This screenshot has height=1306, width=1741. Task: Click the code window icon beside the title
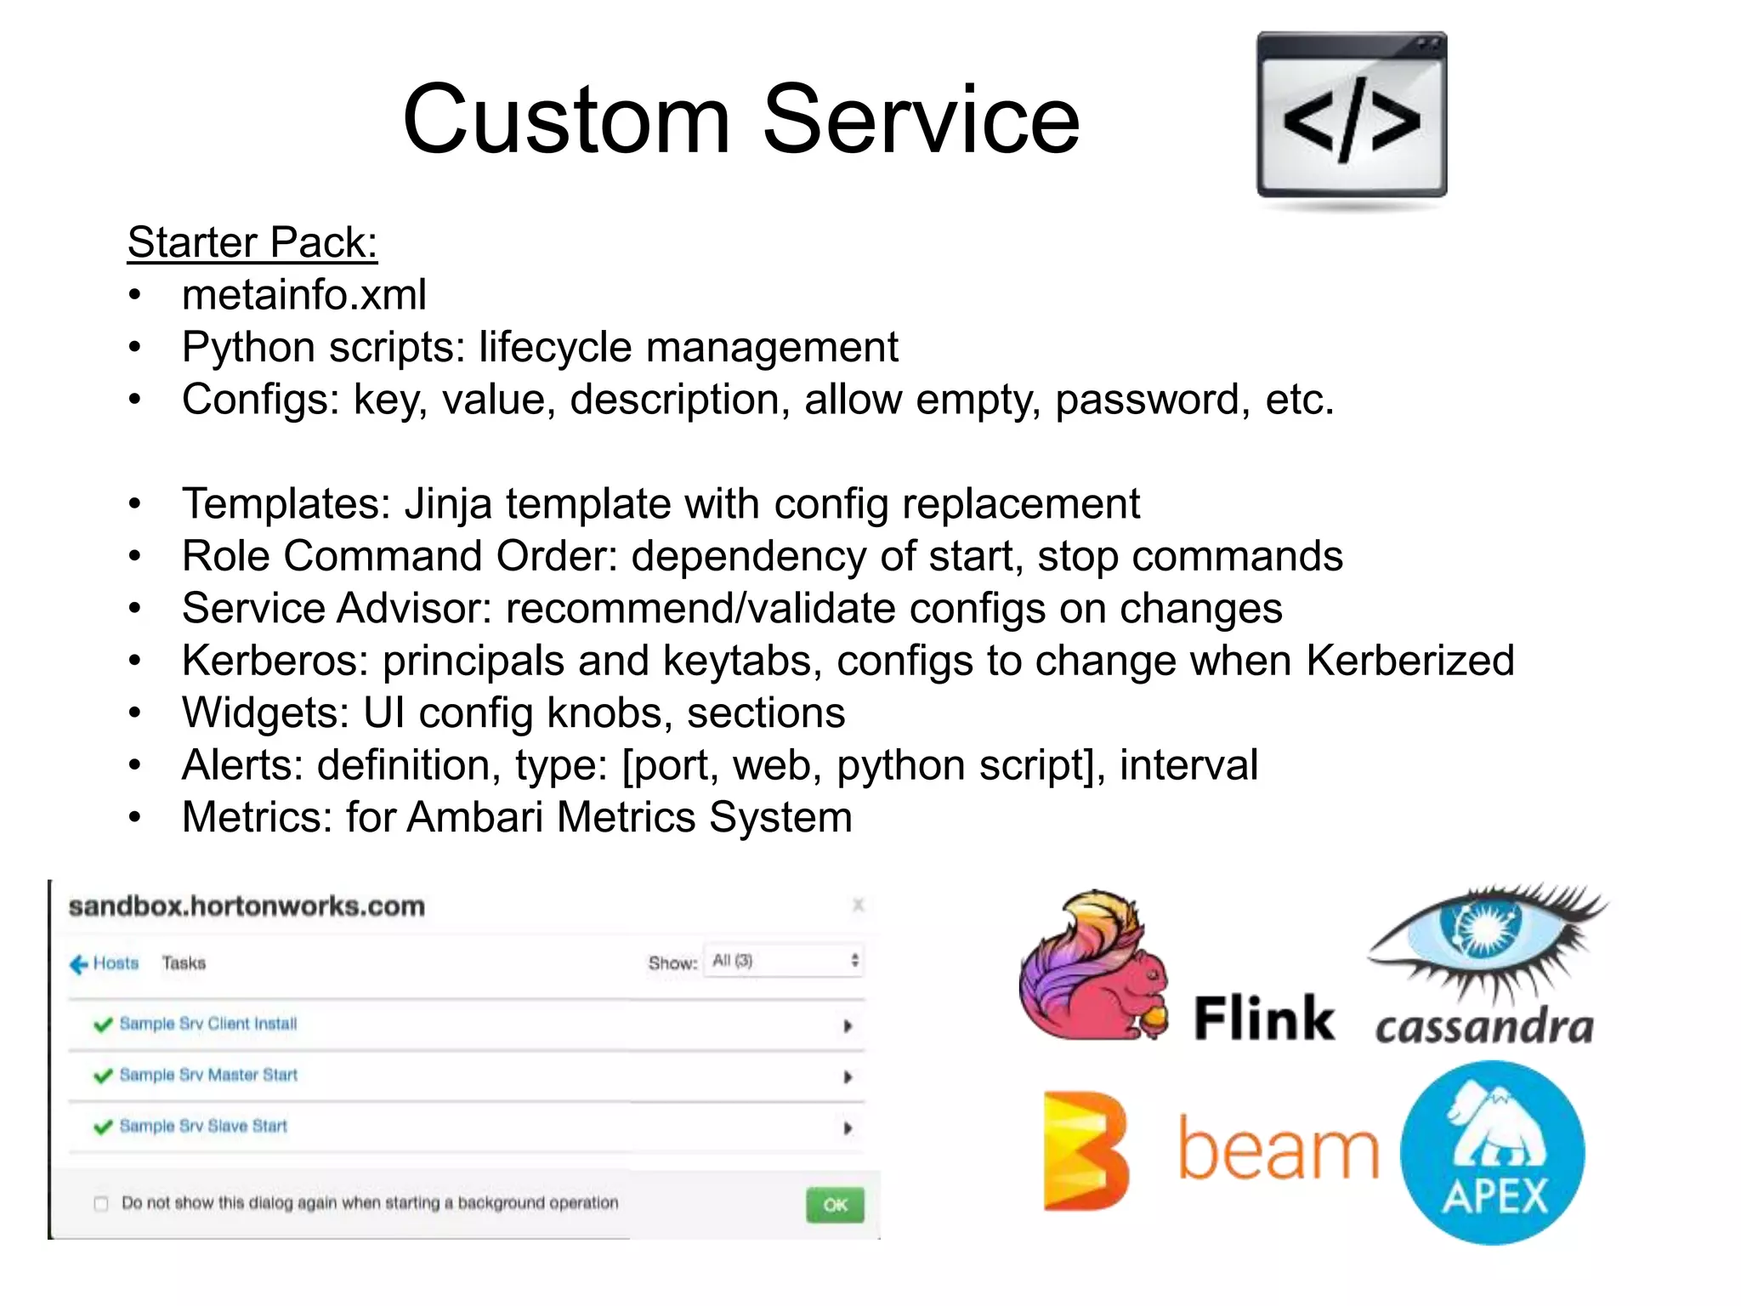1352,116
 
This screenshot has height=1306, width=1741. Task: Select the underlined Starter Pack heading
252,242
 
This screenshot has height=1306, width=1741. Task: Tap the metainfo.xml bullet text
303,295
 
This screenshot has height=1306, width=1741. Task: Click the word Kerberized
1410,661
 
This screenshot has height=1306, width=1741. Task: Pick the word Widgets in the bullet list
265,713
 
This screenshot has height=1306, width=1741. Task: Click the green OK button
835,1205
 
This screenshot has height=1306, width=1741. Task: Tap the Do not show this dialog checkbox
101,1204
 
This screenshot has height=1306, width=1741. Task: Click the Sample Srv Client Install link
208,1024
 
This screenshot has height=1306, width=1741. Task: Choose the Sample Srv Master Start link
208,1075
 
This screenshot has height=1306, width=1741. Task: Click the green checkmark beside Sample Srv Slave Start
103,1127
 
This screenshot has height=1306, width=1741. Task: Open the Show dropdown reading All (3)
783,961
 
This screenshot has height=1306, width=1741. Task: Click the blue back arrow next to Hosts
78,964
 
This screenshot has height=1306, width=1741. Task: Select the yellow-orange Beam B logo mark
1086,1150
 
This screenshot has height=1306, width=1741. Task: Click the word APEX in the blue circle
1494,1197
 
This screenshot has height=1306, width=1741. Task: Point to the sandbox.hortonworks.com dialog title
247,906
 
